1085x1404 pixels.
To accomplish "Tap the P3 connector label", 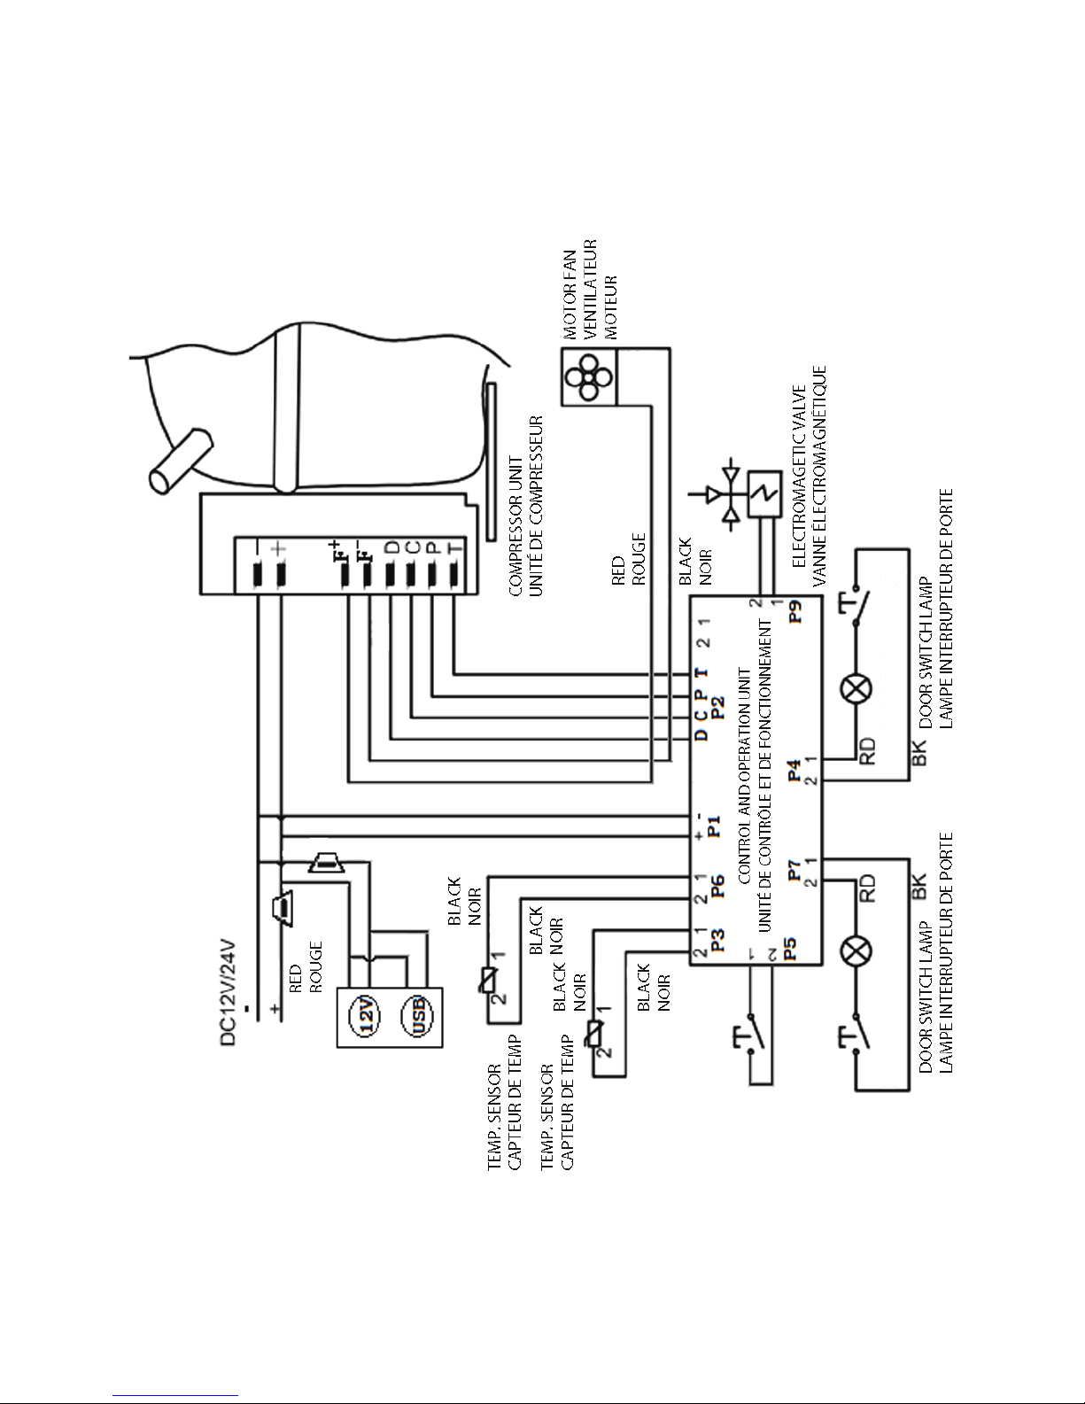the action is pyautogui.click(x=717, y=940).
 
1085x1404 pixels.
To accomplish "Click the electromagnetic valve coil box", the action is pyautogui.click(x=764, y=495).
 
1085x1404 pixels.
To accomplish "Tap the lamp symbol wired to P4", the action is pyautogui.click(x=856, y=690).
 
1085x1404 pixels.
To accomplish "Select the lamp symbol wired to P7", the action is pyautogui.click(x=856, y=950).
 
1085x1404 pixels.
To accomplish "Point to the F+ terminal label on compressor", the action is pyautogui.click(x=338, y=550).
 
